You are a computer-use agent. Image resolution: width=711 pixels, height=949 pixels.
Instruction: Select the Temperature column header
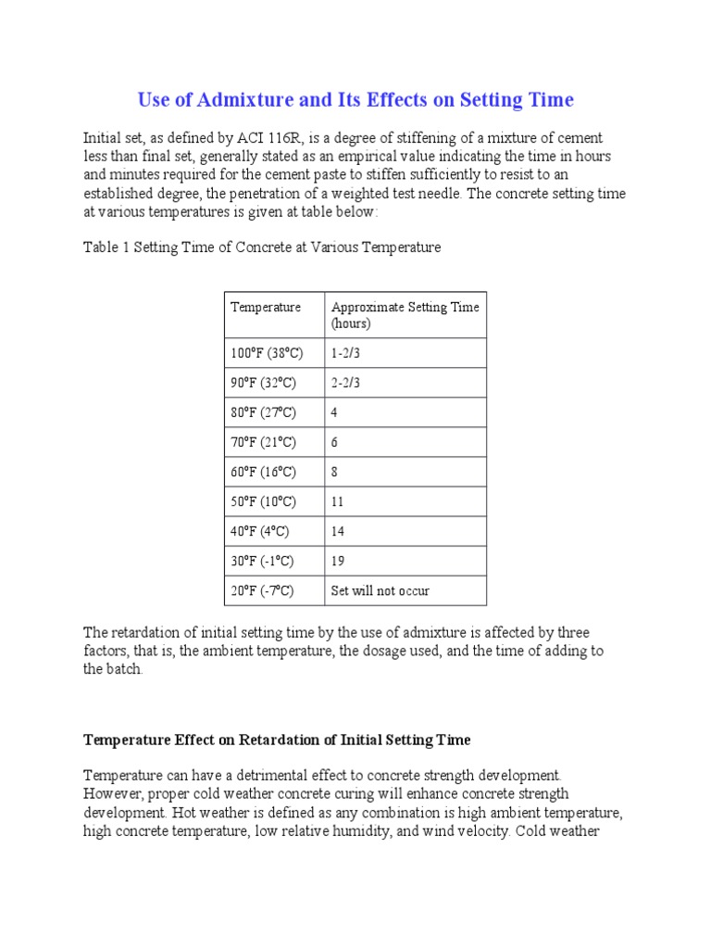click(266, 307)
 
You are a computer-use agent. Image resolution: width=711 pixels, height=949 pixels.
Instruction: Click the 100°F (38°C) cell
click(267, 353)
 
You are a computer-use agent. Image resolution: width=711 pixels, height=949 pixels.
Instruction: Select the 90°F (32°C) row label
click(265, 383)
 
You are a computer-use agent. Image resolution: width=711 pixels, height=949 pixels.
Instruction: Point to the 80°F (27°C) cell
click(265, 412)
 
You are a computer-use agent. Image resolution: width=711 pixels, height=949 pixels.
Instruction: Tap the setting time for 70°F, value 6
click(335, 442)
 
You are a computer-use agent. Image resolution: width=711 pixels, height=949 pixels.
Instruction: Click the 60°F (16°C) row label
click(265, 472)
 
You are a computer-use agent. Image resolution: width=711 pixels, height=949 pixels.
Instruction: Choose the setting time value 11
click(338, 501)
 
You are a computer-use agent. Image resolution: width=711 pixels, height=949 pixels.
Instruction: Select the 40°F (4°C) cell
click(260, 531)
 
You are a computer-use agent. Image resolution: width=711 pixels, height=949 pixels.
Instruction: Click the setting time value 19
click(338, 561)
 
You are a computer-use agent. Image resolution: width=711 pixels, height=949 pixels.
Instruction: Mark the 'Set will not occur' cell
click(380, 590)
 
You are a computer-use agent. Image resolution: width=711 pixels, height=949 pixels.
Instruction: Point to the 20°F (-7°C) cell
click(262, 590)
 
